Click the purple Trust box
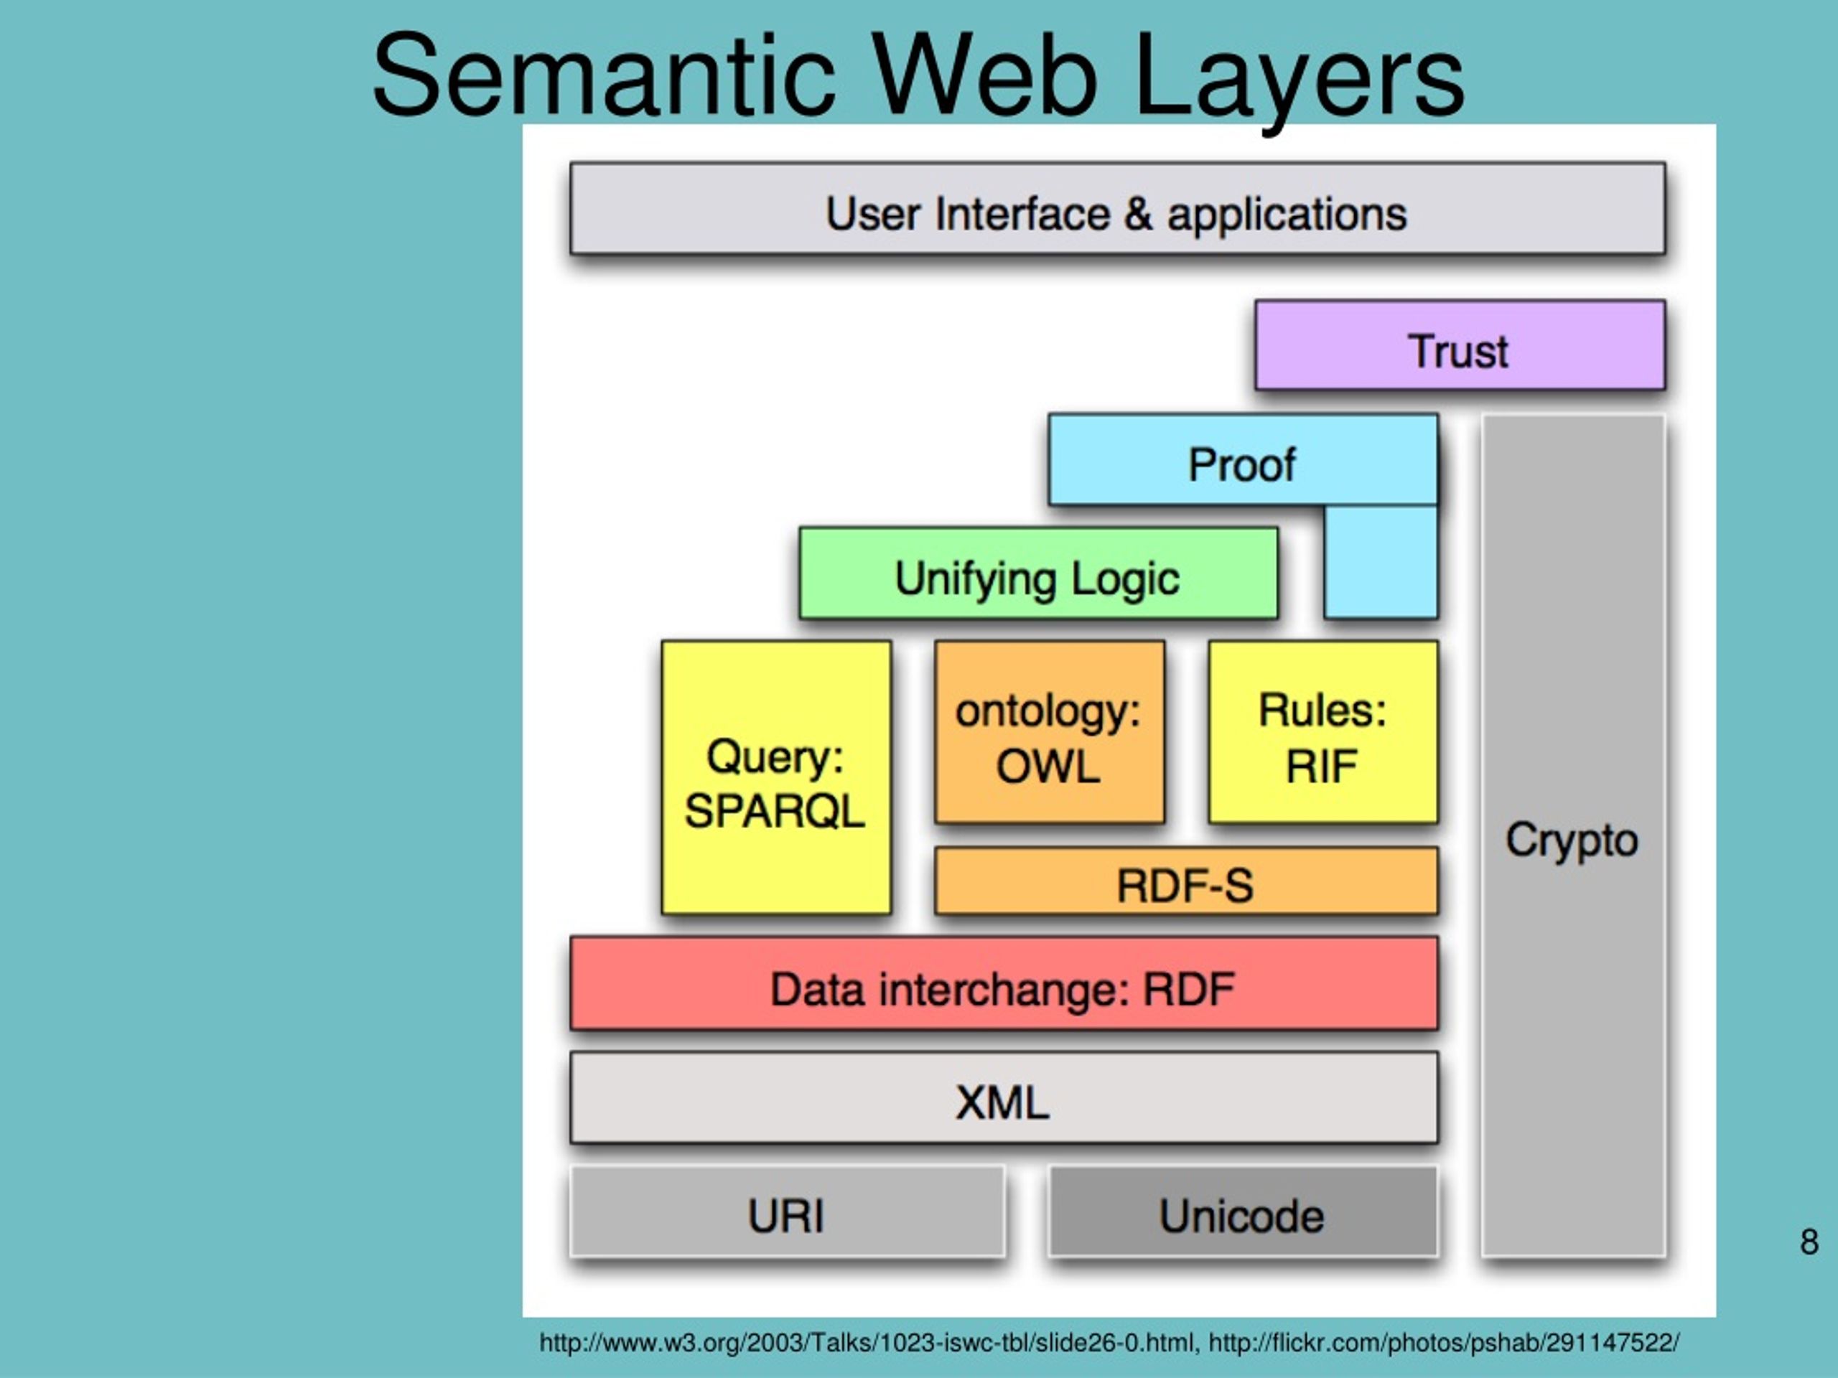click(1460, 345)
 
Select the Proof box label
click(1241, 464)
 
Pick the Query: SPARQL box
click(776, 777)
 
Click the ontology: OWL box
click(1050, 732)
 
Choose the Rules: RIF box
click(1322, 732)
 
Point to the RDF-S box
click(1186, 881)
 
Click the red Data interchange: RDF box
click(1004, 983)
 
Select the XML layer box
click(1004, 1098)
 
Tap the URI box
click(787, 1212)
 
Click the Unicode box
click(1243, 1212)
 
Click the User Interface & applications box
click(1118, 208)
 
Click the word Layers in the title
click(1299, 81)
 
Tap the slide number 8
click(1809, 1242)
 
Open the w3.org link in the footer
click(867, 1343)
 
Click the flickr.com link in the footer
click(1444, 1343)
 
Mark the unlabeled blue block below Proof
click(1381, 563)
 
